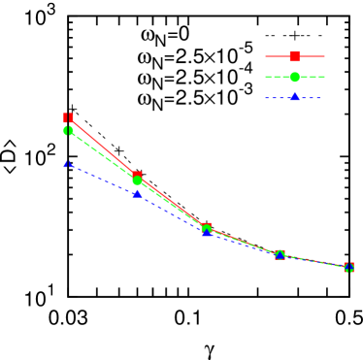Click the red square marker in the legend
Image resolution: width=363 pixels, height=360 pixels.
[x=294, y=56]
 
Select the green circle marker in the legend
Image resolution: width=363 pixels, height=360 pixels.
[x=294, y=77]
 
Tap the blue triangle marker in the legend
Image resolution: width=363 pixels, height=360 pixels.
[x=294, y=97]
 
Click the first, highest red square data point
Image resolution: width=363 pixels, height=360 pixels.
[x=68, y=117]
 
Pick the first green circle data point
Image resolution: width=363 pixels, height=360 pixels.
[x=68, y=130]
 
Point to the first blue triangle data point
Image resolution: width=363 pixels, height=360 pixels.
[x=68, y=164]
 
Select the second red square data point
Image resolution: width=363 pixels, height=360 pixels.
[x=137, y=176]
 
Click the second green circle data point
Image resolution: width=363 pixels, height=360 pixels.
[x=137, y=180]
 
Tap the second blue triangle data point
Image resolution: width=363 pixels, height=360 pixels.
[x=137, y=193]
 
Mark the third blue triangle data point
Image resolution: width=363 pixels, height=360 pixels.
[x=207, y=232]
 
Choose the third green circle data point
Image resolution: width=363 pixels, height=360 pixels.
[x=206, y=228]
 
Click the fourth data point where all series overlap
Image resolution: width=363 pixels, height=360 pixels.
[x=280, y=254]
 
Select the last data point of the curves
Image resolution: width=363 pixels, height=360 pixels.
[x=348, y=267]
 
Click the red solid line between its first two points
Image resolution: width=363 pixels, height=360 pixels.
[x=102, y=146]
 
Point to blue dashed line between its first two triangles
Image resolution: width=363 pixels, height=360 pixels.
[x=102, y=179]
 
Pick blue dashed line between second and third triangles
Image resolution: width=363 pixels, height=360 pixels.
[x=172, y=213]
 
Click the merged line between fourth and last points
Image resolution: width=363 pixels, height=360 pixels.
[x=313, y=261]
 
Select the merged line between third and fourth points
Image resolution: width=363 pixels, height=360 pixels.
[x=243, y=242]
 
